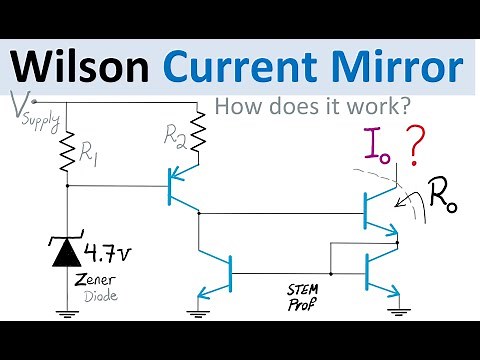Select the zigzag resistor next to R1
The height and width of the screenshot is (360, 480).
click(x=66, y=150)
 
